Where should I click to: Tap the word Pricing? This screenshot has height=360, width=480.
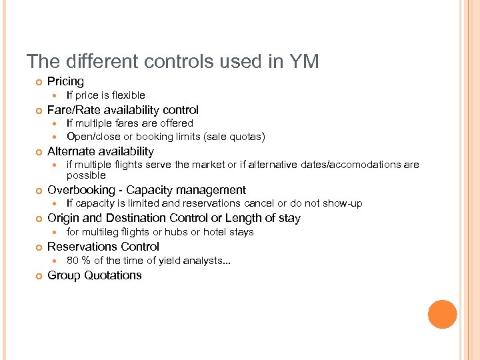coord(65,81)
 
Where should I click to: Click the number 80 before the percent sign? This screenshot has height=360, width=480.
coord(72,261)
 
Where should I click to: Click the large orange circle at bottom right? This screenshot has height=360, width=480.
coord(443,315)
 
